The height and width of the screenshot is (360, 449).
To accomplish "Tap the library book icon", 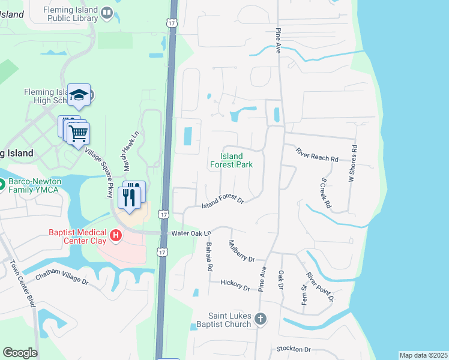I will pos(107,12).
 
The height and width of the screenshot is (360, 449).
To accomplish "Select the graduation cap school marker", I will pos(79,95).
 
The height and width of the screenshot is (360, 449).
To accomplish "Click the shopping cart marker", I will pos(79,133).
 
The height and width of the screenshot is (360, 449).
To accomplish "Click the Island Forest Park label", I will pos(231,160).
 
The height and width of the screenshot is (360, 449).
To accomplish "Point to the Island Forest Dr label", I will pos(222,202).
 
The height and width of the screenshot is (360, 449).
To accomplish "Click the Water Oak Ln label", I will pos(192,233).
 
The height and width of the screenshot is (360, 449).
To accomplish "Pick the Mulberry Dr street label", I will pos(241,251).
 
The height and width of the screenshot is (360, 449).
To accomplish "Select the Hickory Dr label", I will pos(235,285).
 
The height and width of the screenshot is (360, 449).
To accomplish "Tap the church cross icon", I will pos(260,318).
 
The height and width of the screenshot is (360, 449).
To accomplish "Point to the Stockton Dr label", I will pos(294,349).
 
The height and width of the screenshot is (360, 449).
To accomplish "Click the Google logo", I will pos(20,353).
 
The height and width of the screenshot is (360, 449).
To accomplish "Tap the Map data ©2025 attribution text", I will pos(423,355).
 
